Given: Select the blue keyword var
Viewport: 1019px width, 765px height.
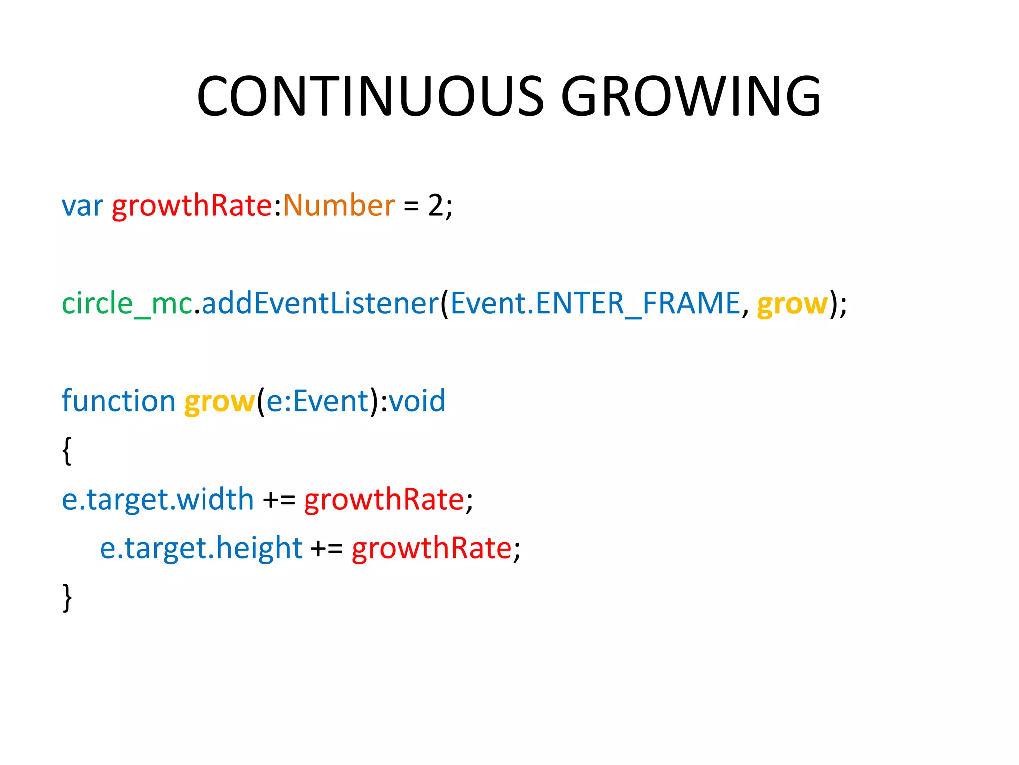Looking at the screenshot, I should pyautogui.click(x=82, y=205).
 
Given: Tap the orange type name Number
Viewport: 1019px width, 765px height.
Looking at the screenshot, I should pyautogui.click(x=338, y=205).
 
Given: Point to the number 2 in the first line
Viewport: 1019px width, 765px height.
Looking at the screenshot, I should pyautogui.click(x=435, y=205).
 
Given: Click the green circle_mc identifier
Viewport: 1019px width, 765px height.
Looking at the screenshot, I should pyautogui.click(x=127, y=303).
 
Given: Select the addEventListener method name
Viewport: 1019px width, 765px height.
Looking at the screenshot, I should pyautogui.click(x=320, y=303).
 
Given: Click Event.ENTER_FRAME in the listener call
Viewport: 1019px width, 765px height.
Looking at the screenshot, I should pyautogui.click(x=595, y=303).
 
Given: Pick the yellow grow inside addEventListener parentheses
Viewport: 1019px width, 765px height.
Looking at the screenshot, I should pyautogui.click(x=792, y=304).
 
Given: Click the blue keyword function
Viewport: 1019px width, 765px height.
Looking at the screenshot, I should pyautogui.click(x=118, y=401).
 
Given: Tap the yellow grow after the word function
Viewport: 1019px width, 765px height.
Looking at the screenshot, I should pyautogui.click(x=219, y=402).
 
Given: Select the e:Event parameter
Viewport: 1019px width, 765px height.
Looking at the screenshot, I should pyautogui.click(x=317, y=401).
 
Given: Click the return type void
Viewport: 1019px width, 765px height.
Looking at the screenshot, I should pyautogui.click(x=417, y=401).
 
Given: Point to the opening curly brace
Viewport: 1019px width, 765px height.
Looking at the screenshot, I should pyautogui.click(x=67, y=451).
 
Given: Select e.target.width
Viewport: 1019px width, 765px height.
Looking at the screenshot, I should pyautogui.click(x=157, y=499).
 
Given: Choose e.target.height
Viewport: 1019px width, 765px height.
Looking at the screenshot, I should pyautogui.click(x=201, y=548).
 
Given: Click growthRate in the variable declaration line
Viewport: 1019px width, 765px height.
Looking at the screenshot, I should pyautogui.click(x=192, y=205).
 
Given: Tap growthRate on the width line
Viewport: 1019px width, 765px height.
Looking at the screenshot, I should pyautogui.click(x=384, y=499).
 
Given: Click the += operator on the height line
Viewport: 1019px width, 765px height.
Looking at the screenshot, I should pyautogui.click(x=326, y=548).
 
